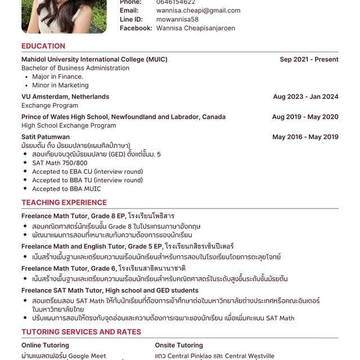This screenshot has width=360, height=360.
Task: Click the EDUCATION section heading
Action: pyautogui.click(x=43, y=46)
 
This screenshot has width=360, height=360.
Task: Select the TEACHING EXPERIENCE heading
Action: pyautogui.click(x=64, y=202)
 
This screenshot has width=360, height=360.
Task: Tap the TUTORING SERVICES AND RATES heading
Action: pyautogui.click(x=81, y=332)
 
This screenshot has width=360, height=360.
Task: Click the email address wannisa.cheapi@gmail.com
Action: pyautogui.click(x=198, y=11)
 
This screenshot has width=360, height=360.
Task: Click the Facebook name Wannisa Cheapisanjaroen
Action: pyautogui.click(x=195, y=28)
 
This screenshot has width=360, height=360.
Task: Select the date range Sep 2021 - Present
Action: pyautogui.click(x=309, y=60)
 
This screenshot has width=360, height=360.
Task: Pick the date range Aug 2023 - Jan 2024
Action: pyautogui.click(x=305, y=97)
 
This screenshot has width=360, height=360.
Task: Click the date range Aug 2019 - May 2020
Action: pyautogui.click(x=305, y=117)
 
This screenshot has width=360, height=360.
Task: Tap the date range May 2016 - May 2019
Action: pyautogui.click(x=305, y=137)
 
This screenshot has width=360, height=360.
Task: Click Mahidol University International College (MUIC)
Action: pyautogui.click(x=94, y=60)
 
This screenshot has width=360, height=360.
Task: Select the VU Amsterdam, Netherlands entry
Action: pyautogui.click(x=65, y=97)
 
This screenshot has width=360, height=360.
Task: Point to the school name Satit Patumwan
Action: pyautogui.click(x=46, y=137)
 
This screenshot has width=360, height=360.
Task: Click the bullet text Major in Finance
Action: pyautogui.click(x=57, y=76)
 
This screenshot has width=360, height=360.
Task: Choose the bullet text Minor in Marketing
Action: pyautogui.click(x=60, y=85)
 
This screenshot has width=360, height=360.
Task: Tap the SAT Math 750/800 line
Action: pyautogui.click(x=60, y=163)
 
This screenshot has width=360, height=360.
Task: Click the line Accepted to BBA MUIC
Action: pyautogui.click(x=66, y=189)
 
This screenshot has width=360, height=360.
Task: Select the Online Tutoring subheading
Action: pyautogui.click(x=49, y=345)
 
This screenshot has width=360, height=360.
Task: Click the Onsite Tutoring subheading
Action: pyautogui.click(x=179, y=345)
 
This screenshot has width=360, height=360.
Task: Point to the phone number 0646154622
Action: pyautogui.click(x=176, y=2)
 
